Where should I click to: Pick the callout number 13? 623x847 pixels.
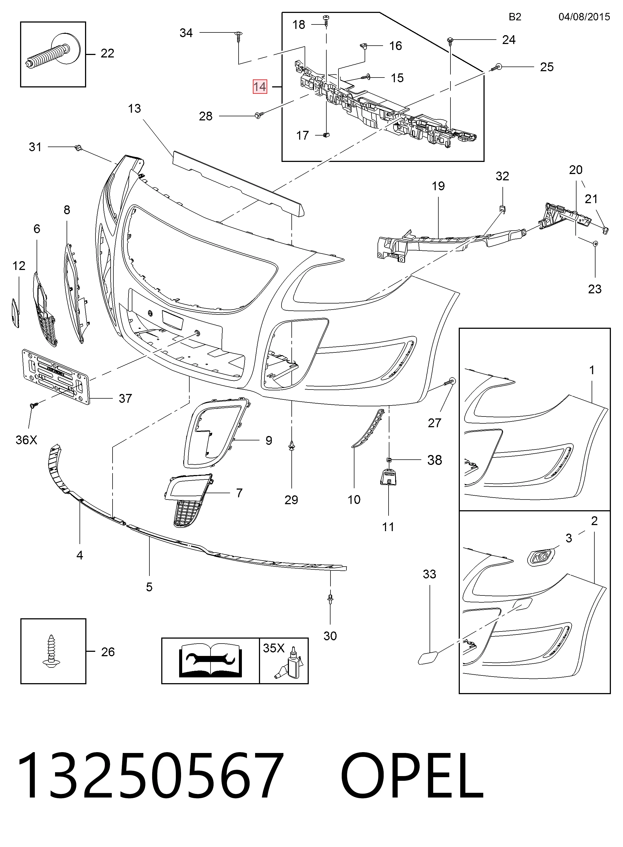pyautogui.click(x=134, y=109)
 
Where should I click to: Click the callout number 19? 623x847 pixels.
pyautogui.click(x=438, y=186)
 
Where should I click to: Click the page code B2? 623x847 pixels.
pyautogui.click(x=515, y=17)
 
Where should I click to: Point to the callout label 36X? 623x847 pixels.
pyautogui.click(x=26, y=440)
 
